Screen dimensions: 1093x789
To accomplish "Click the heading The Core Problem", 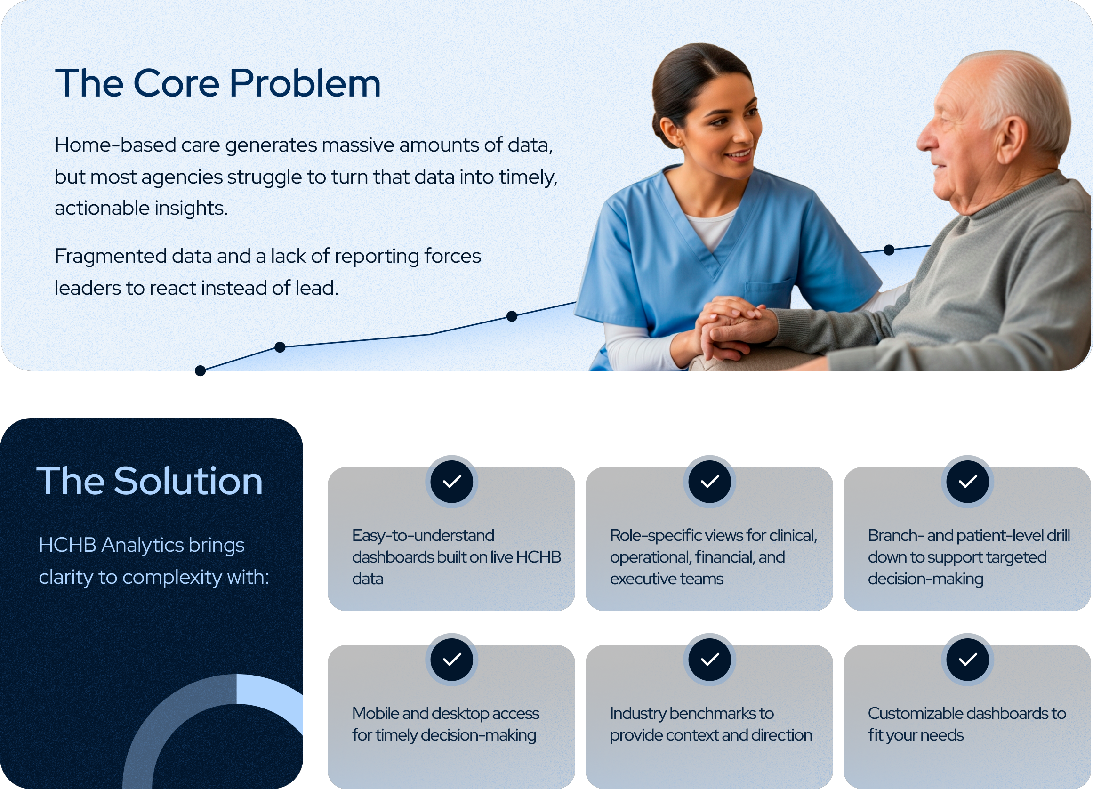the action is (218, 83).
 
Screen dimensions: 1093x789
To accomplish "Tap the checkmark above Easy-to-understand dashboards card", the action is (451, 482).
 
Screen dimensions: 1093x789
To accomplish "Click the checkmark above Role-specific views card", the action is (709, 482).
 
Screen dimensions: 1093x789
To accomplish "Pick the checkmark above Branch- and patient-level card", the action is (967, 482).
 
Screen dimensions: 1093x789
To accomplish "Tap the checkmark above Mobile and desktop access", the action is (451, 660).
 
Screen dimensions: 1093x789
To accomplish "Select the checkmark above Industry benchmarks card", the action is (709, 660).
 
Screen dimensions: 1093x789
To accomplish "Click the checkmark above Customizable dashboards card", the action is (967, 660).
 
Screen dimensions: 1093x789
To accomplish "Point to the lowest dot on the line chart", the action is (201, 370).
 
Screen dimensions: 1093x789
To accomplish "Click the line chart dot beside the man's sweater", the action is (889, 250).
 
